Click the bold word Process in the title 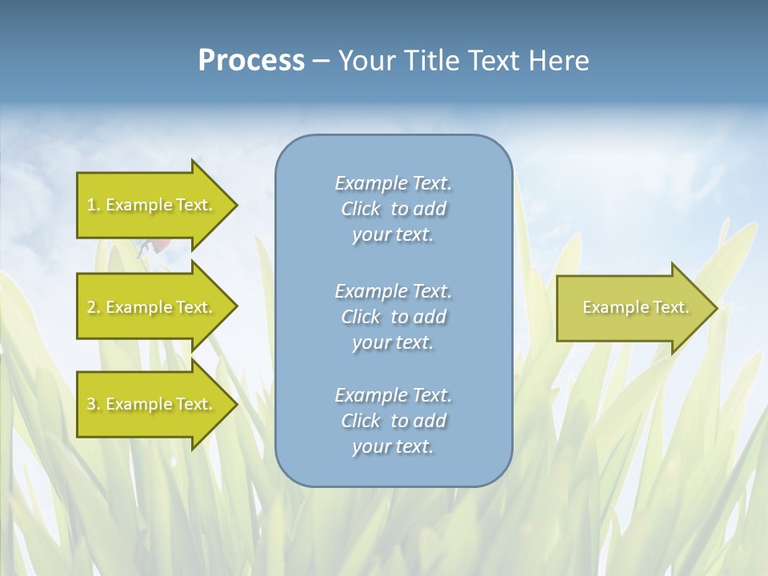[251, 60]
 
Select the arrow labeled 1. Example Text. [152, 205]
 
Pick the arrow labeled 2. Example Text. [152, 307]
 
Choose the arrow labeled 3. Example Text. [152, 404]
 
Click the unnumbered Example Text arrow [632, 307]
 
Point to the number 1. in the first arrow [94, 205]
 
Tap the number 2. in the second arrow [94, 307]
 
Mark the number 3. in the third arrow [94, 404]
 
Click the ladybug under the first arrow [157, 245]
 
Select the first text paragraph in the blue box [393, 209]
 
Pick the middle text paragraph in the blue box [393, 317]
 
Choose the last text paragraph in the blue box [393, 421]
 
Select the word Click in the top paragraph [360, 209]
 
